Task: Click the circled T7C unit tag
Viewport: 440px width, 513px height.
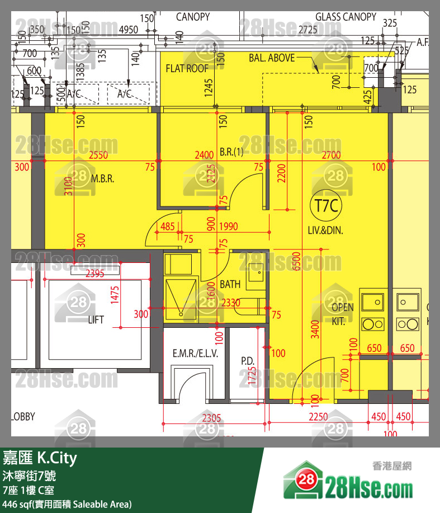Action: click(327, 206)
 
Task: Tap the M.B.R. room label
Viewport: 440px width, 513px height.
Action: click(102, 180)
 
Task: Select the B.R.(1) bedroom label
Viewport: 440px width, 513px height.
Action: click(231, 152)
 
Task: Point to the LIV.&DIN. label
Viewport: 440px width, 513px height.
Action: click(325, 230)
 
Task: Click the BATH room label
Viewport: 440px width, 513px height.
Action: click(230, 284)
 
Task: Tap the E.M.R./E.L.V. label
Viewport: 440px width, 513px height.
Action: click(195, 354)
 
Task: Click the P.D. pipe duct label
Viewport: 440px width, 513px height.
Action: click(248, 361)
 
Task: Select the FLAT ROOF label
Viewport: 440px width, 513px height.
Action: click(187, 68)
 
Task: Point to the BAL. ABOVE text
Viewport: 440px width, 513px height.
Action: click(272, 58)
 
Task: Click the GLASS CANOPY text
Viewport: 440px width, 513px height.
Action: click(346, 17)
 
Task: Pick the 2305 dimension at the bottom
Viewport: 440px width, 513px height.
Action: click(211, 417)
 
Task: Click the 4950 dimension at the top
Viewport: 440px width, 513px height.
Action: click(129, 29)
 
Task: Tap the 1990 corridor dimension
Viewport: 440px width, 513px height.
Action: click(229, 227)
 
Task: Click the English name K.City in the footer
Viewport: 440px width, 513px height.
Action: click(57, 459)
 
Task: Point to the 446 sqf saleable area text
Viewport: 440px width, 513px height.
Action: click(67, 504)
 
